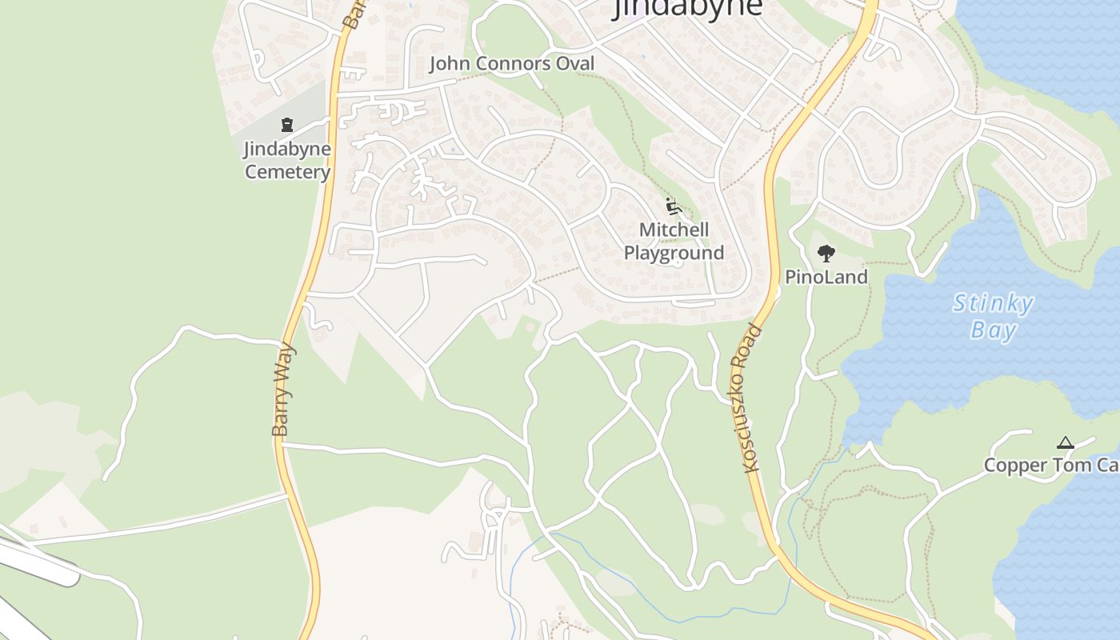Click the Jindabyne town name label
tap(687, 7)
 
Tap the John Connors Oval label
tap(512, 64)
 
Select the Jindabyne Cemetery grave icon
tap(287, 125)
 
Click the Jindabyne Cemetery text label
tap(287, 160)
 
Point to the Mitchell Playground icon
tap(674, 206)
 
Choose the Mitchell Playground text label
tap(674, 242)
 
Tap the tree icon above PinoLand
tap(826, 254)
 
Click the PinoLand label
tap(826, 278)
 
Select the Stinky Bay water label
tap(994, 317)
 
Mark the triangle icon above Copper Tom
tap(1065, 443)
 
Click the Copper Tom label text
tap(1050, 466)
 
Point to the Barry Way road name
tap(283, 390)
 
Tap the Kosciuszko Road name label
tap(752, 398)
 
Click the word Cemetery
tap(287, 172)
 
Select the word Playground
tap(674, 254)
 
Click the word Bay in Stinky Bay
tap(994, 330)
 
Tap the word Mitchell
tap(674, 230)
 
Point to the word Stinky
tap(994, 304)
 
